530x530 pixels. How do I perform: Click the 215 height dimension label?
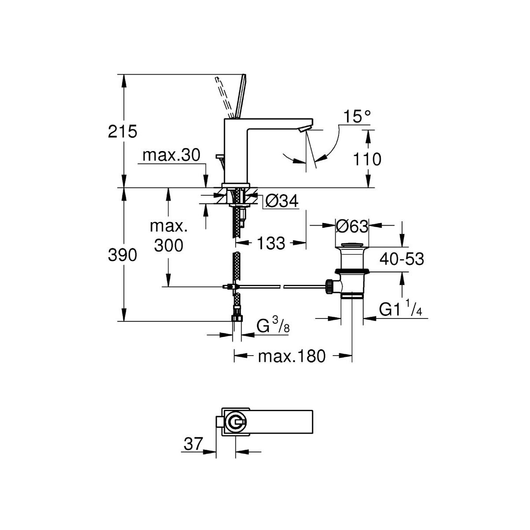click(x=123, y=132)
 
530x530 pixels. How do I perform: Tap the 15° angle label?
click(x=358, y=117)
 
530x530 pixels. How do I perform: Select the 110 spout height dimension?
click(x=367, y=159)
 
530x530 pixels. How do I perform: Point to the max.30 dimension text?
click(x=171, y=155)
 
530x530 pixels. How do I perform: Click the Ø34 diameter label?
click(x=282, y=202)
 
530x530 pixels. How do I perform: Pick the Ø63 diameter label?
click(x=352, y=227)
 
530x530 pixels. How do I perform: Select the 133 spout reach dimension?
click(x=270, y=243)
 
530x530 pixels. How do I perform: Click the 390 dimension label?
click(x=123, y=255)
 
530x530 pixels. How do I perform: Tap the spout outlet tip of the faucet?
click(x=304, y=129)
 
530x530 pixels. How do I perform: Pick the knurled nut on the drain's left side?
click(x=329, y=286)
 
